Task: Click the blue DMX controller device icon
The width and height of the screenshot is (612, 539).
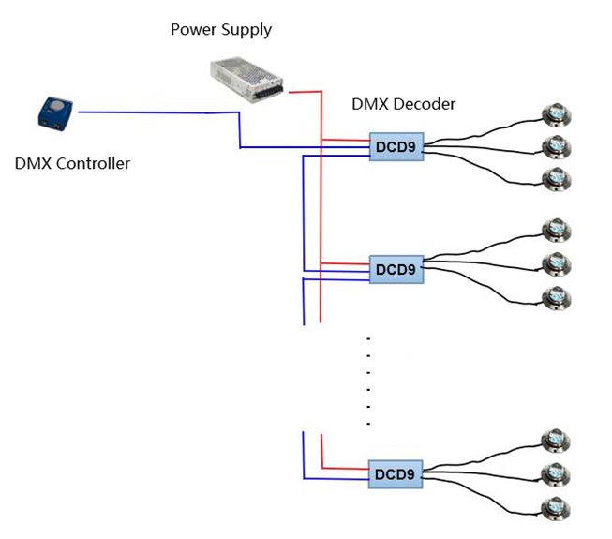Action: (x=56, y=112)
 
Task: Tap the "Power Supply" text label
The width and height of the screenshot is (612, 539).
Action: (x=220, y=30)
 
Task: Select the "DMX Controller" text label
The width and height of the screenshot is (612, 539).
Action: (x=72, y=164)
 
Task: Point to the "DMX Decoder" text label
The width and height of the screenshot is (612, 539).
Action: (x=403, y=104)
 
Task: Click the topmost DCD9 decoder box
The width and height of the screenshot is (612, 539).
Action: (x=396, y=146)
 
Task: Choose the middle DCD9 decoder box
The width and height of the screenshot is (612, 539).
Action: (x=396, y=270)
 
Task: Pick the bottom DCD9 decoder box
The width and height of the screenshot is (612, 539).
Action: (x=396, y=474)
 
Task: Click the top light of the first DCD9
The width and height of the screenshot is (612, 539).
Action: (x=557, y=114)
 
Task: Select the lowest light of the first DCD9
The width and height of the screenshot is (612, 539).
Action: (x=557, y=178)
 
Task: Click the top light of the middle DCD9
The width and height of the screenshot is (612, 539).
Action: (x=557, y=230)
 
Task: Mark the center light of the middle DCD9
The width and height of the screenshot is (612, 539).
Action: (x=557, y=264)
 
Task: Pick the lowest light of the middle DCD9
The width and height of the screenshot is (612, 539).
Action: (x=557, y=297)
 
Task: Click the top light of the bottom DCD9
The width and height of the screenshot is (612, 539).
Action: (x=557, y=440)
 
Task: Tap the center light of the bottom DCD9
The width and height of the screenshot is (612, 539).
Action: (x=557, y=474)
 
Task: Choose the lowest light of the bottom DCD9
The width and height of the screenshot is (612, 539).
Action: (x=557, y=509)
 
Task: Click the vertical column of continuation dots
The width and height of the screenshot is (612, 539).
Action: (x=368, y=380)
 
